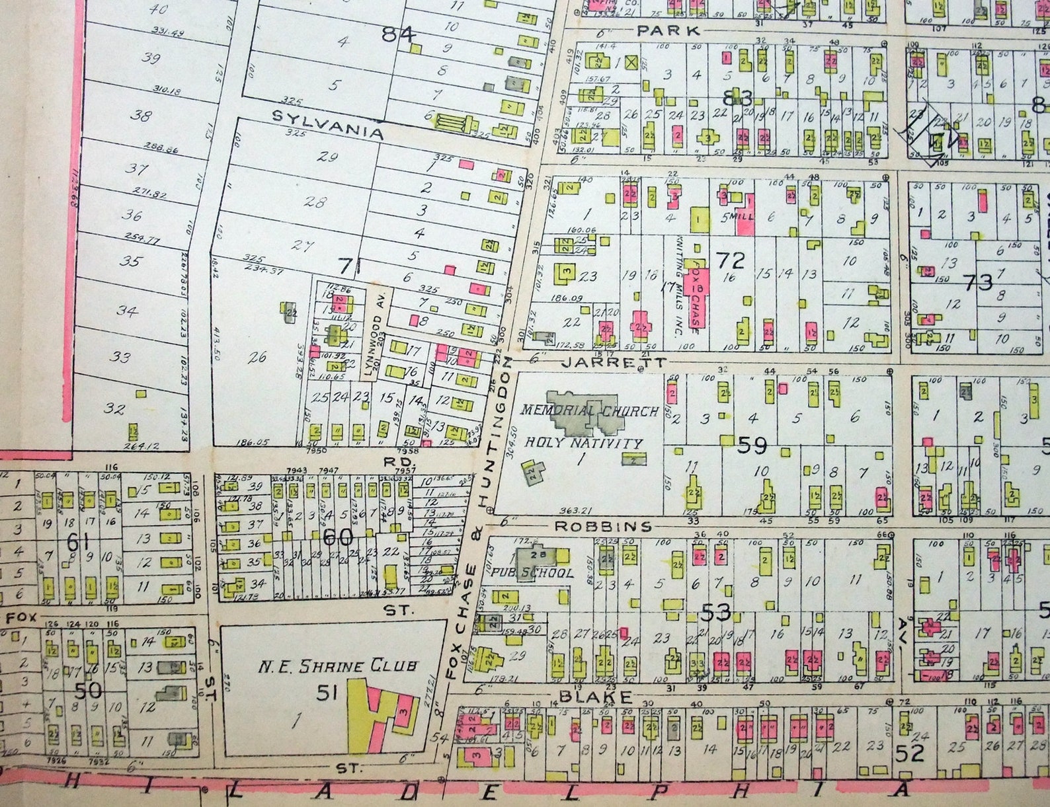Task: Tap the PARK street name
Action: [x=668, y=30]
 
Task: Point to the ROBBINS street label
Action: [x=602, y=526]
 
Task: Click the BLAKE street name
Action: [x=596, y=696]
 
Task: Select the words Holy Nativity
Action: [x=583, y=443]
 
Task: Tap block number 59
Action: [x=752, y=445]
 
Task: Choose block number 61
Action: [x=78, y=544]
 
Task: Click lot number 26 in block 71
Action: [x=257, y=357]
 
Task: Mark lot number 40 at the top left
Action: [x=158, y=9]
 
